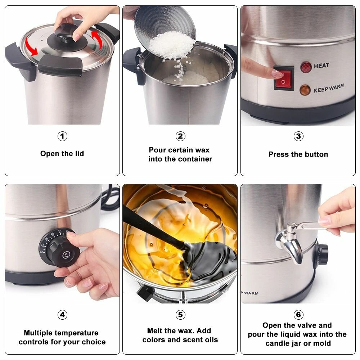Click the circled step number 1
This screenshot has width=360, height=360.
(62, 136)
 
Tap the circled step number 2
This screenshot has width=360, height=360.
(180, 136)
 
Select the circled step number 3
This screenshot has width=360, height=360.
(298, 136)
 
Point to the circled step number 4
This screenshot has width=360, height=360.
(62, 315)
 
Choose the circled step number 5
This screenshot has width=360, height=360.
(180, 315)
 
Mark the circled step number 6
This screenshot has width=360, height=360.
(298, 315)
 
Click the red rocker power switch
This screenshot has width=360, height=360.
(284, 78)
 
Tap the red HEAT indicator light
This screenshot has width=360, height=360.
(306, 67)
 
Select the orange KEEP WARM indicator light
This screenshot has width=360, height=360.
(305, 90)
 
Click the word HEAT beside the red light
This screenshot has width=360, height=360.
(321, 66)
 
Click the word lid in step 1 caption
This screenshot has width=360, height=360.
(80, 153)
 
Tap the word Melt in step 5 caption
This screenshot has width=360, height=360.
(154, 330)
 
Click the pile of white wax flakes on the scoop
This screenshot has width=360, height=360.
(172, 45)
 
